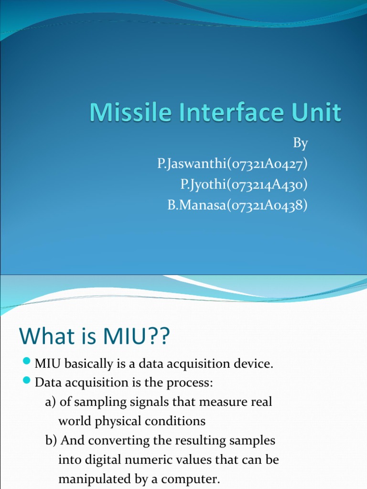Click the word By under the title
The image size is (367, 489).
click(x=300, y=143)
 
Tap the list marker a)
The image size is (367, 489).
click(x=51, y=403)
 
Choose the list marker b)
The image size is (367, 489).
click(x=51, y=441)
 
